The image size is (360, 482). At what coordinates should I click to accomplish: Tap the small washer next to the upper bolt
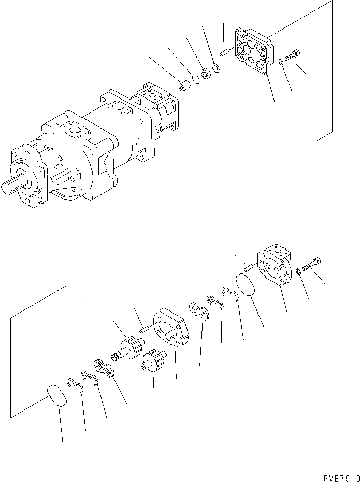click(280, 62)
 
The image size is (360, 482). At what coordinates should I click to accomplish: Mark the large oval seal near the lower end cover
click(245, 286)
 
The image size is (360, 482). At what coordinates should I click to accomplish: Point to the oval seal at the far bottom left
click(56, 397)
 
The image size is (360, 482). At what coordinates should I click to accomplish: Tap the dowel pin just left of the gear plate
click(143, 327)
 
